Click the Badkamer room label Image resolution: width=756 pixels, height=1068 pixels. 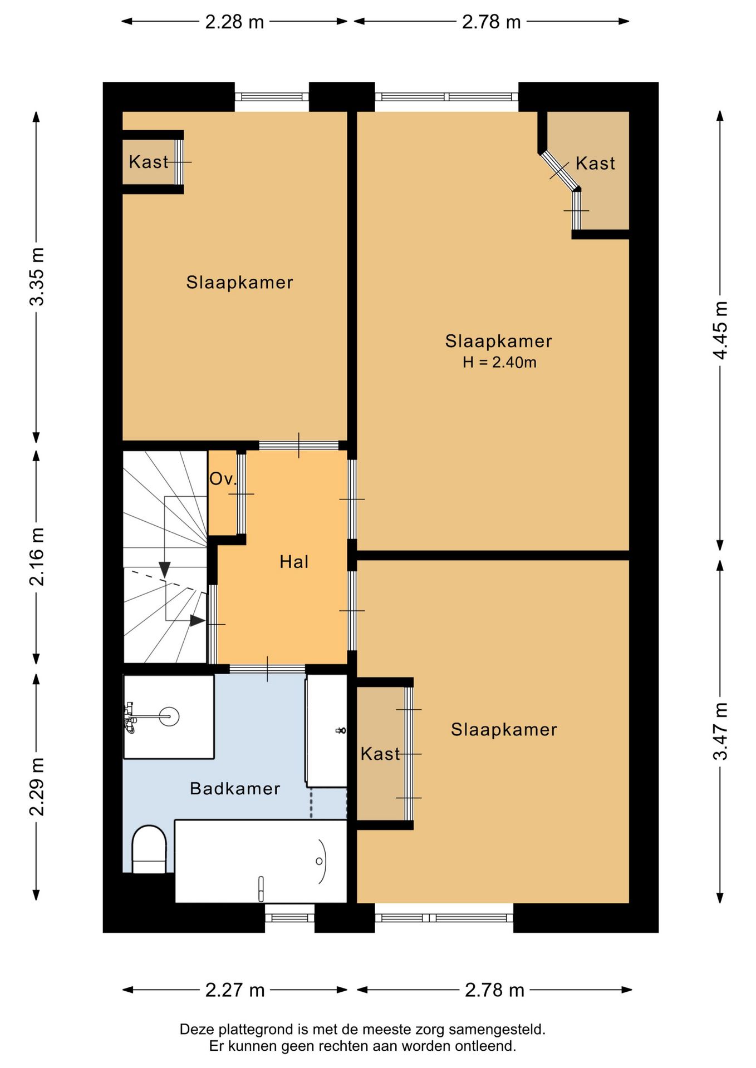(235, 788)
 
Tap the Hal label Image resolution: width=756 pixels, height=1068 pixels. (294, 562)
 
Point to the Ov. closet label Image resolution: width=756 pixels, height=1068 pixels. (223, 479)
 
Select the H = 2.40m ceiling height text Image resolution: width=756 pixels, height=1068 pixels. (499, 362)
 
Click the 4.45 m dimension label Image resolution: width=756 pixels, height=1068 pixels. (720, 330)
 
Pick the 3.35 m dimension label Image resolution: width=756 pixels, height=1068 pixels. (37, 276)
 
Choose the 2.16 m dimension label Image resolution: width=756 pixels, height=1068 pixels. (37, 557)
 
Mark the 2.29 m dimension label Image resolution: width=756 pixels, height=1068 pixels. (37, 787)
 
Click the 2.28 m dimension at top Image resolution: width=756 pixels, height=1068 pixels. (234, 22)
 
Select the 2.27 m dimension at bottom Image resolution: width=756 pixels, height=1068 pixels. (235, 990)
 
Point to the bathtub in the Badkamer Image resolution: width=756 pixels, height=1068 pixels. (261, 861)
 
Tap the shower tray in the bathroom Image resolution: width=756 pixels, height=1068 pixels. (169, 716)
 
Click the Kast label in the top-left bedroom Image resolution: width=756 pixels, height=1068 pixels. (148, 162)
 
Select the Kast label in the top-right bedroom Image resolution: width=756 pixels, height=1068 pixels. (595, 164)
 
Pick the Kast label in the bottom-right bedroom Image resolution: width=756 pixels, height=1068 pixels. (380, 754)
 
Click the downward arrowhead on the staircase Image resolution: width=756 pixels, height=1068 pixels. (164, 570)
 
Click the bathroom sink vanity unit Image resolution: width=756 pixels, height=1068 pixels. (326, 731)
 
